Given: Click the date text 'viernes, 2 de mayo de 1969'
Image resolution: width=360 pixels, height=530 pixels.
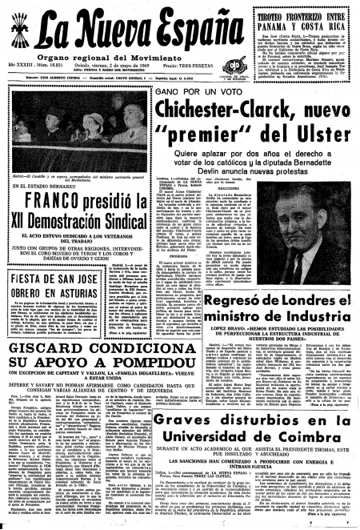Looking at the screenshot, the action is pyautogui.click(x=90, y=71).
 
